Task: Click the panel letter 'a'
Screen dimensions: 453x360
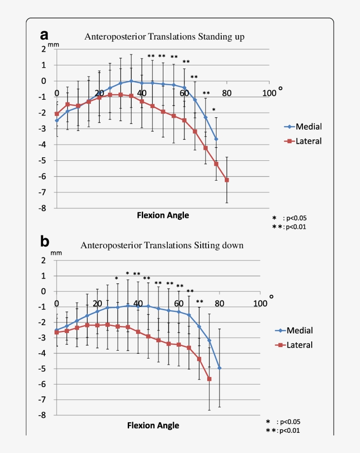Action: [x=44, y=35]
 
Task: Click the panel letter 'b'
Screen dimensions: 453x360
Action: [x=45, y=242]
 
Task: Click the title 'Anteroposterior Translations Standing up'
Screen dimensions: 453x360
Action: [x=164, y=37]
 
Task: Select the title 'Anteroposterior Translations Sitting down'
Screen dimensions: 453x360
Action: [x=162, y=245]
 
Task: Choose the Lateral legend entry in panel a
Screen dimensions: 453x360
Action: [x=302, y=141]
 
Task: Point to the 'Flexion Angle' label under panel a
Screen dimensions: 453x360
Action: [x=163, y=215]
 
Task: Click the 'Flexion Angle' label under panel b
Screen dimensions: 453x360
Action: [x=153, y=425]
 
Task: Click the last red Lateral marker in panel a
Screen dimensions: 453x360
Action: [x=227, y=180]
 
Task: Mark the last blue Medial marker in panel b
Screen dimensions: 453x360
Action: [x=220, y=368]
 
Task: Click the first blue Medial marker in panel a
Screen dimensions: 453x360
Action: [x=57, y=120]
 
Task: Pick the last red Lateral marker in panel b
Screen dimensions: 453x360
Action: [x=209, y=379]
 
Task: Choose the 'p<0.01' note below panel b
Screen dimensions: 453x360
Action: [x=290, y=431]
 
